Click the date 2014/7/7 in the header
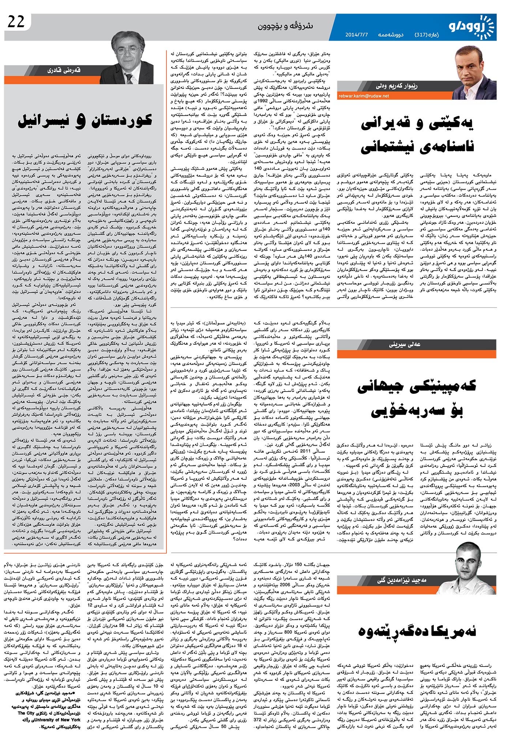point(357,35)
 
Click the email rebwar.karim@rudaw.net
point(364,96)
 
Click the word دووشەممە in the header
point(390,35)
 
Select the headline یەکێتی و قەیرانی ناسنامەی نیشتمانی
point(417,135)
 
